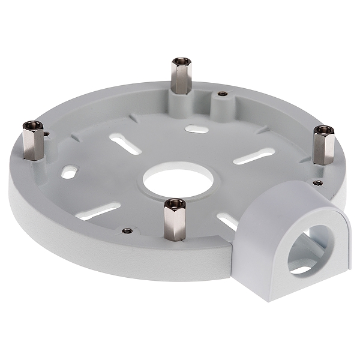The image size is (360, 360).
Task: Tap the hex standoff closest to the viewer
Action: click(x=174, y=220)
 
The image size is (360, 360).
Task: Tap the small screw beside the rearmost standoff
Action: click(x=222, y=94)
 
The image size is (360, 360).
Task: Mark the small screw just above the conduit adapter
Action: click(x=316, y=181)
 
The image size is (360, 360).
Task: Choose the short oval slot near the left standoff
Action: click(x=70, y=172)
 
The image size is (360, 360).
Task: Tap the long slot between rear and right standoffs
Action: click(x=253, y=156)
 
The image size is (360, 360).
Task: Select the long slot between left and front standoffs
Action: click(x=99, y=211)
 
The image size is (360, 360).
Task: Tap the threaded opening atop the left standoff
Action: click(x=32, y=125)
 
